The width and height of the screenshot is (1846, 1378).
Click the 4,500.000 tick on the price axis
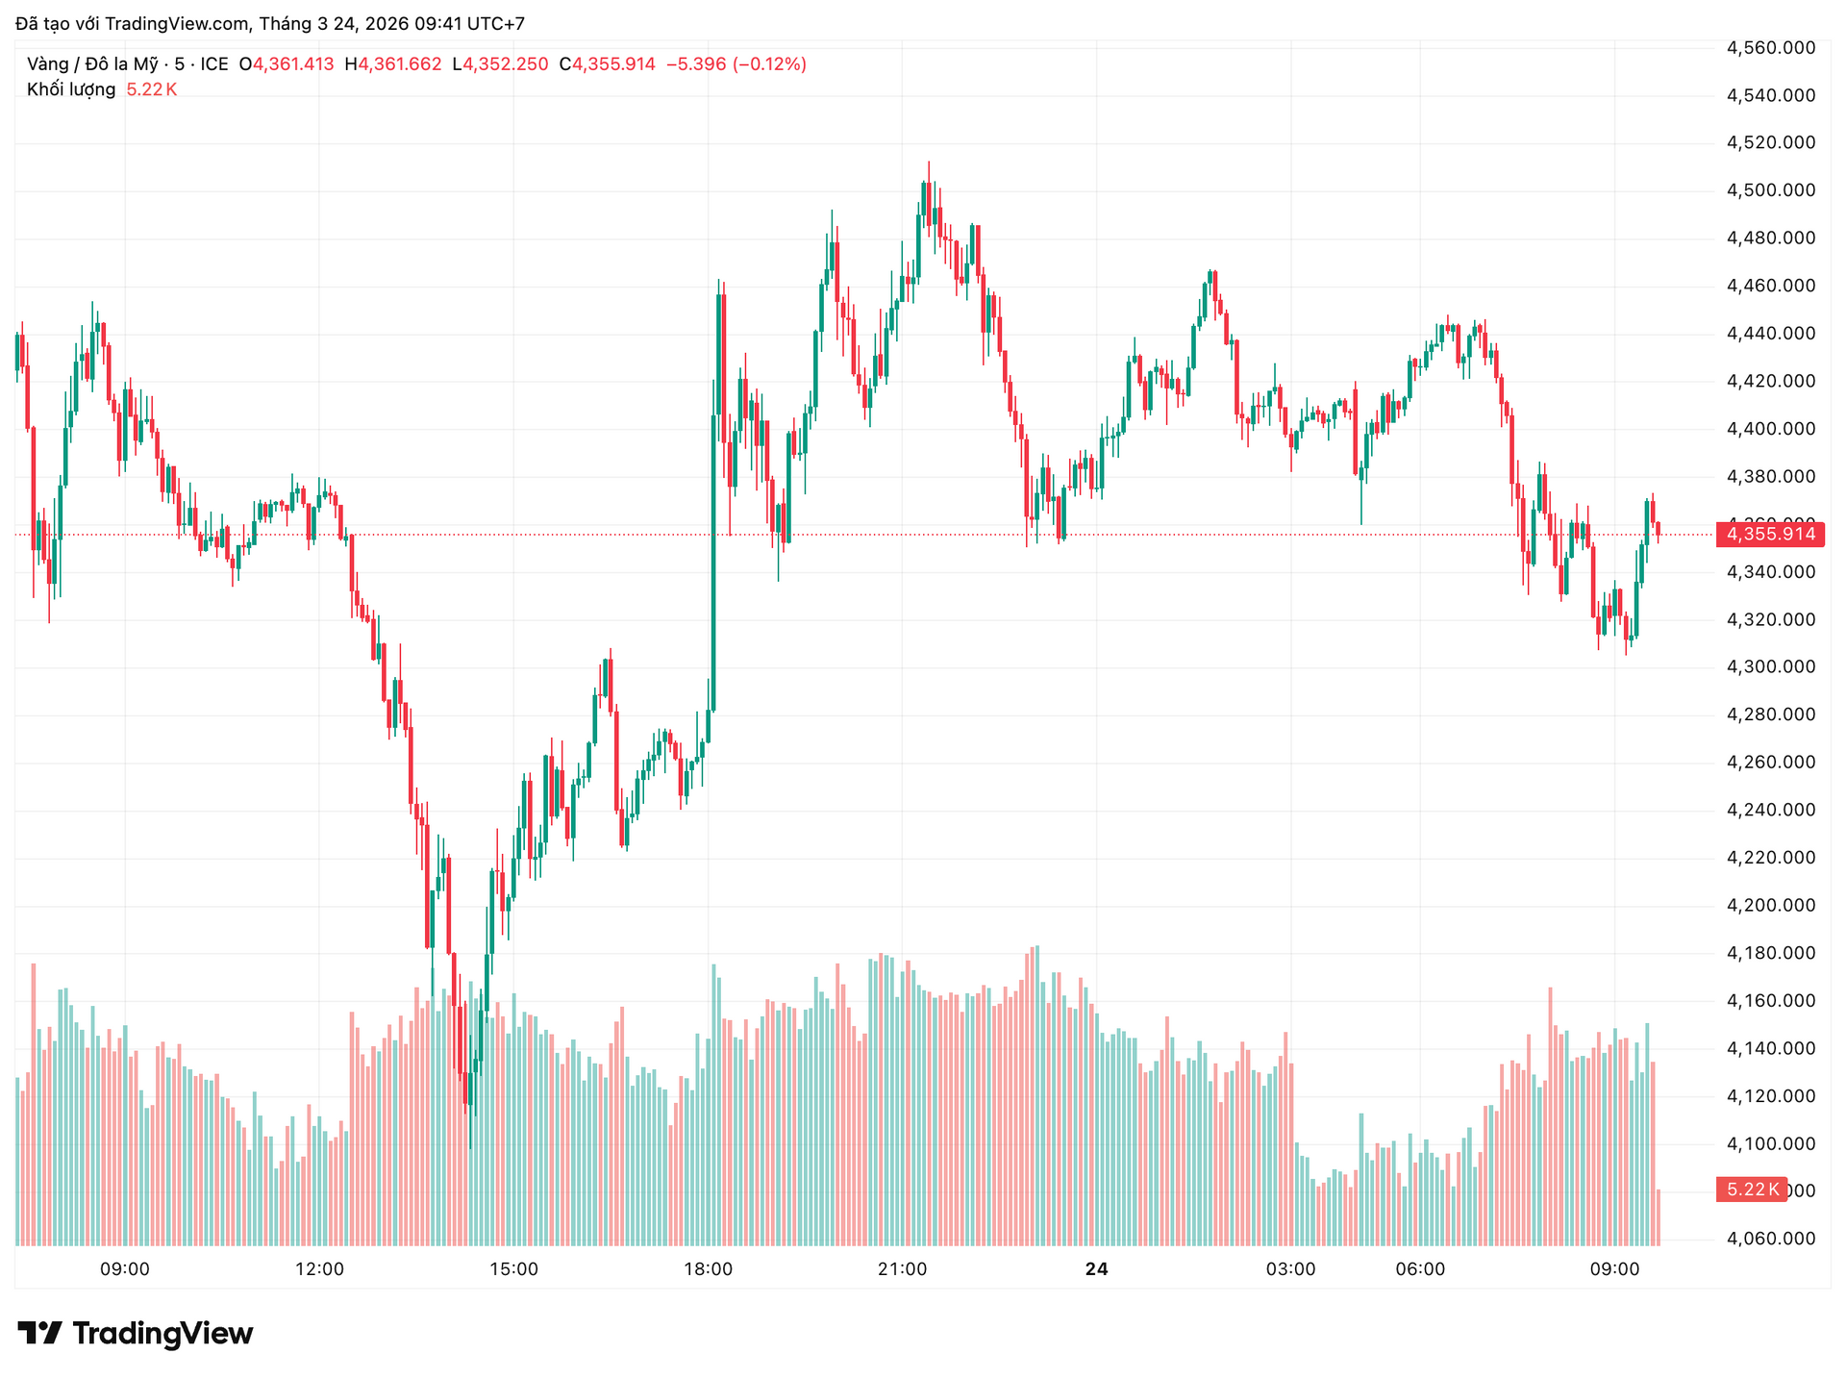click(x=1771, y=190)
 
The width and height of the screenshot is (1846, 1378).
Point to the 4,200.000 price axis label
click(x=1771, y=905)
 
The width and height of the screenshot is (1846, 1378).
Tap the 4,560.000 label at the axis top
click(x=1771, y=48)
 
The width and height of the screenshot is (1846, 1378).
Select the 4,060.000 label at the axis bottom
click(x=1771, y=1239)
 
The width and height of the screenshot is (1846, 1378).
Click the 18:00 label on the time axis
click(x=708, y=1269)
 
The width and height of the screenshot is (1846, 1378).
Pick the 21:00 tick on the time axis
click(x=902, y=1269)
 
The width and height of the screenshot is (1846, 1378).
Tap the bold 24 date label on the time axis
click(x=1096, y=1269)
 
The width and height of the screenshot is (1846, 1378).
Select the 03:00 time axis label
click(x=1290, y=1269)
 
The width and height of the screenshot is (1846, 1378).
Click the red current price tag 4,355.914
click(x=1770, y=534)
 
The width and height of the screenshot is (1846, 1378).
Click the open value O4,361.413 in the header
click(x=287, y=64)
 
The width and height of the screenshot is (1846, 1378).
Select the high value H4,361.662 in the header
click(x=393, y=64)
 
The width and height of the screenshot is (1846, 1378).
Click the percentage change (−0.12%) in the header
click(x=769, y=64)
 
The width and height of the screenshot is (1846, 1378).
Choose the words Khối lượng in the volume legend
click(x=71, y=89)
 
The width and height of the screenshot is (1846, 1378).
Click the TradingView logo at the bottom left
click(x=136, y=1334)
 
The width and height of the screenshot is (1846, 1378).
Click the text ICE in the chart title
click(x=214, y=64)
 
